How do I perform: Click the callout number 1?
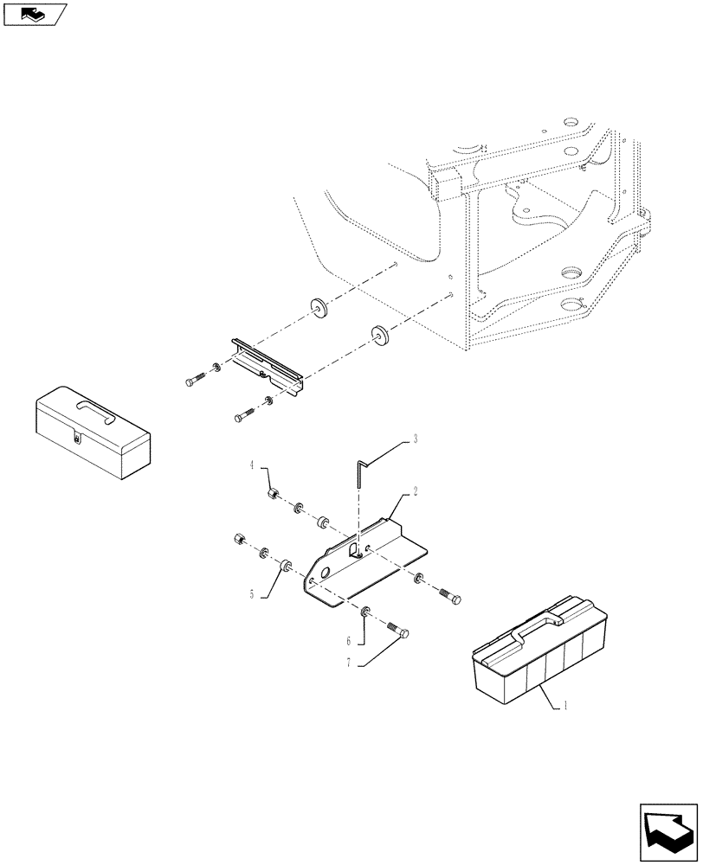coord(565,705)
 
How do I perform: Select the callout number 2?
coord(416,490)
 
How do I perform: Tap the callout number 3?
coord(416,439)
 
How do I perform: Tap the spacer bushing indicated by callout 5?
coord(283,568)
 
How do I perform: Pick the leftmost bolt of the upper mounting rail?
coord(197,379)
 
